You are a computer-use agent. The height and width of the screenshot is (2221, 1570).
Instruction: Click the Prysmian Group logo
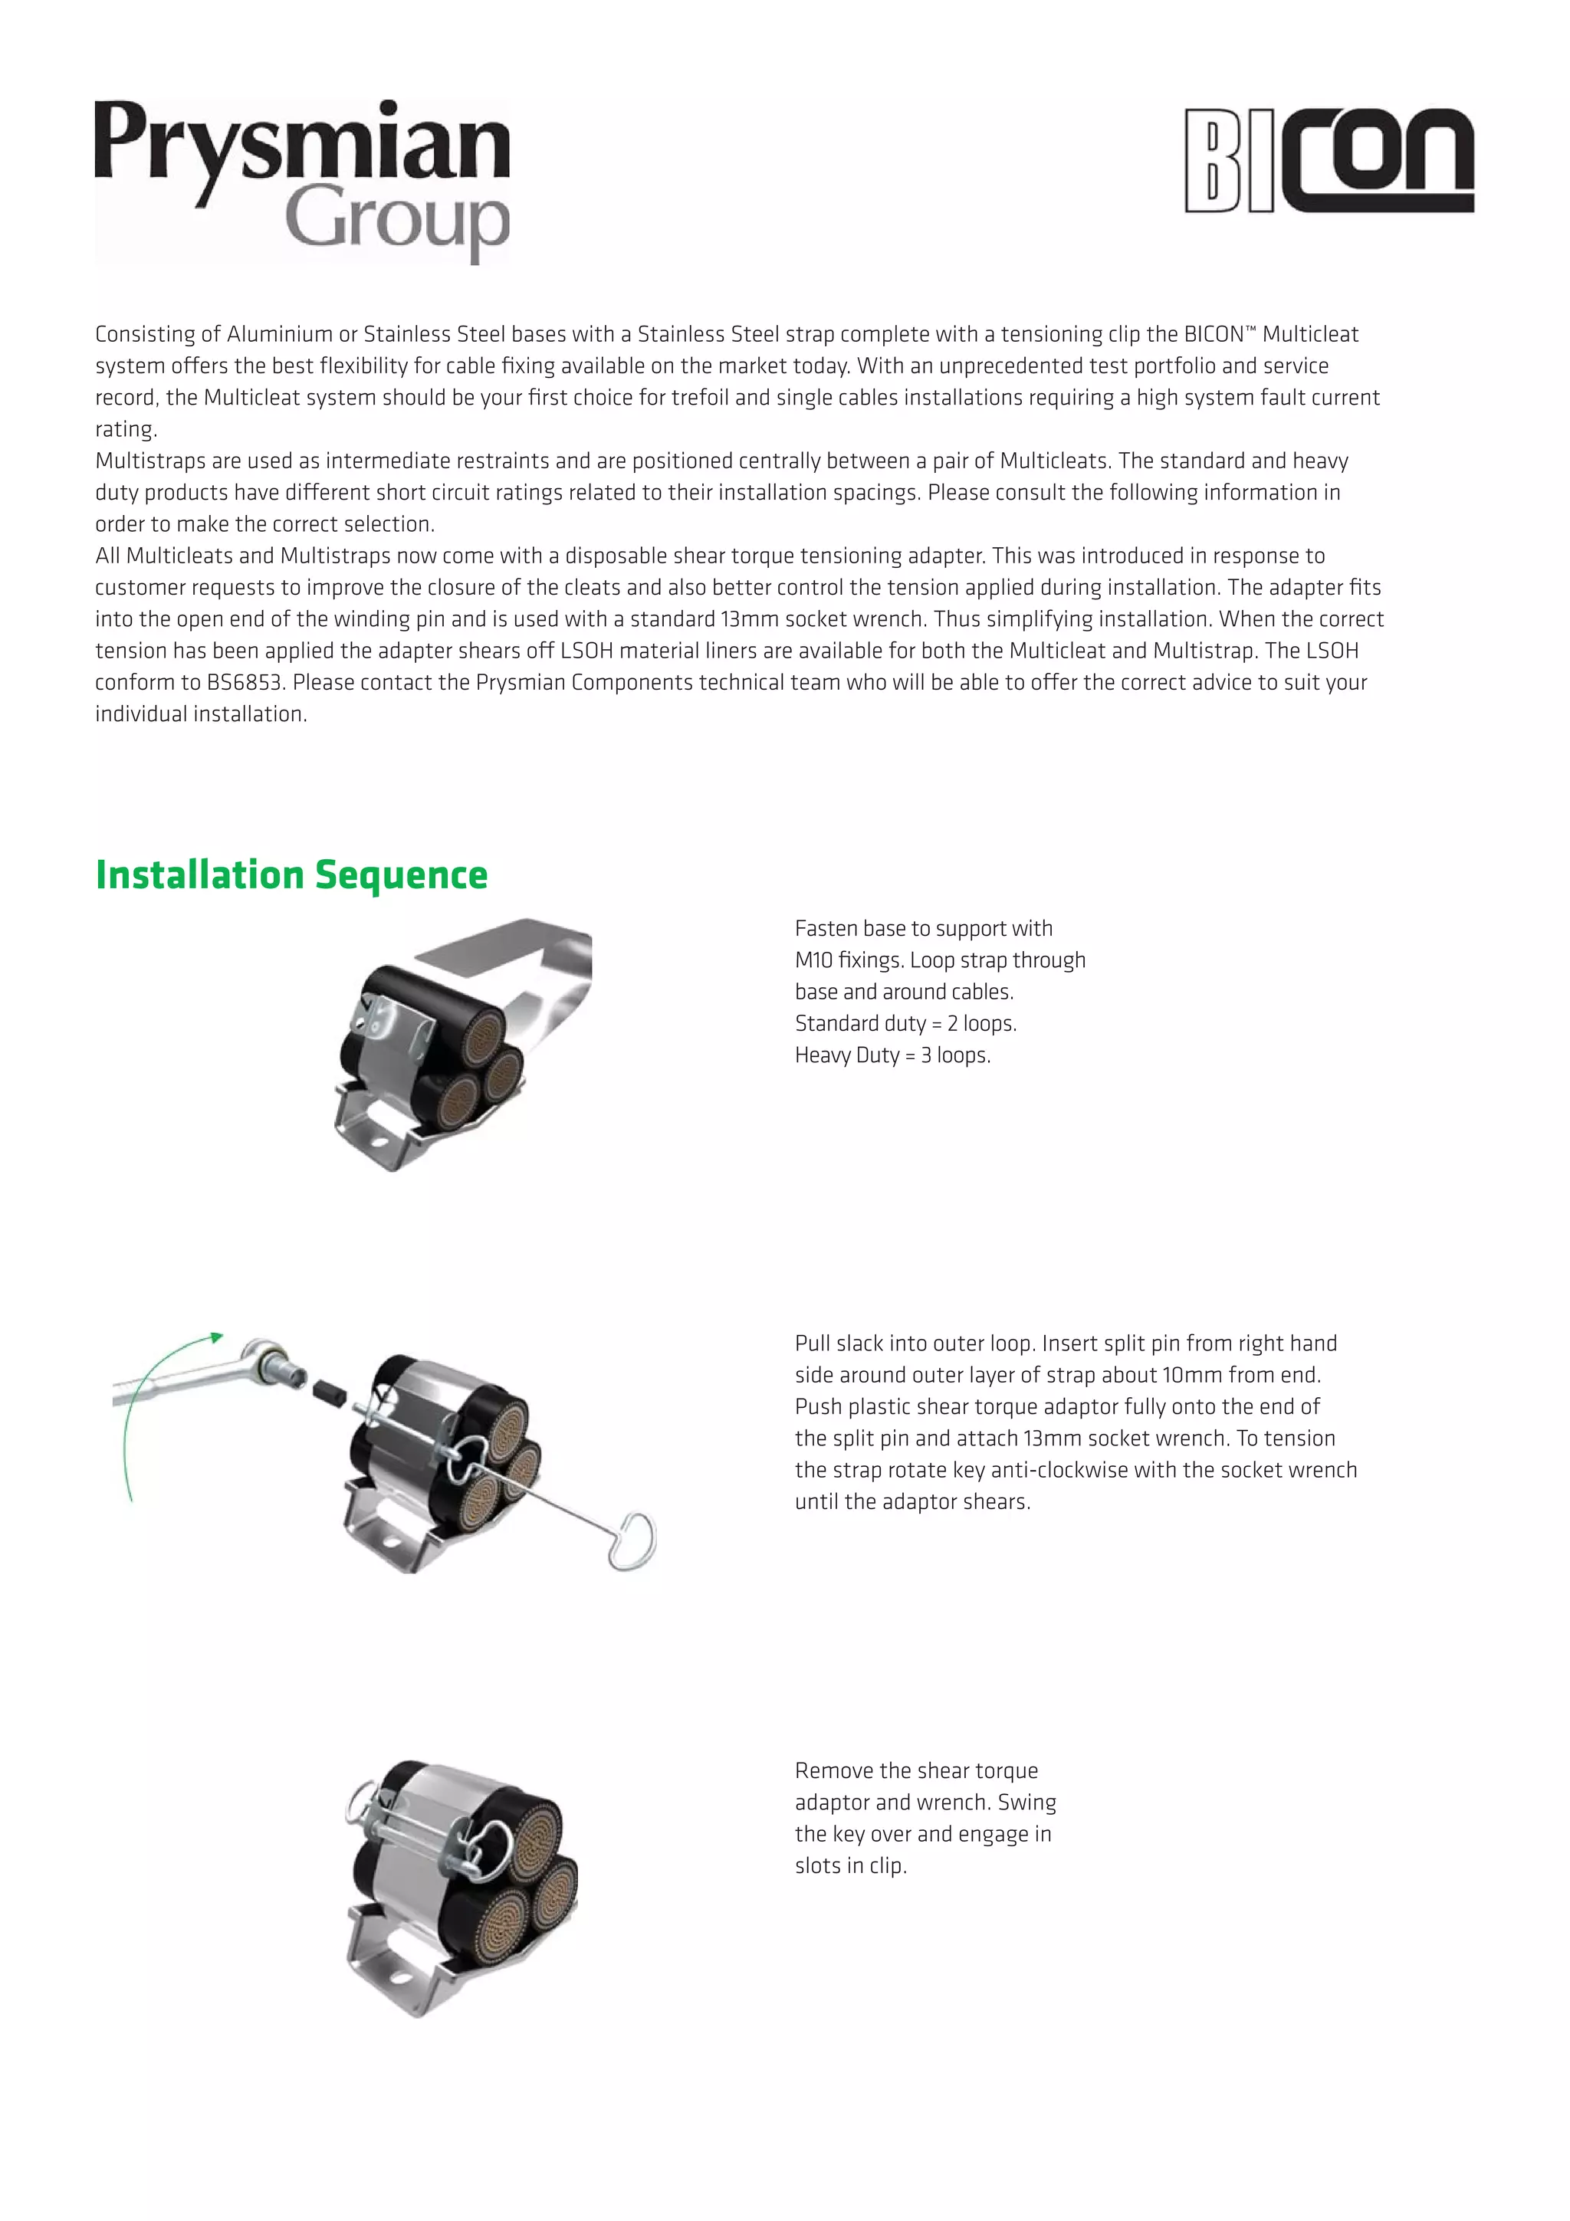(x=302, y=179)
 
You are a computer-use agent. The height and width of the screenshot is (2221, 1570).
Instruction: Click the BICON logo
(x=1329, y=161)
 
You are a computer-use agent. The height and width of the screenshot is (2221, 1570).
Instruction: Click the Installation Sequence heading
(x=291, y=874)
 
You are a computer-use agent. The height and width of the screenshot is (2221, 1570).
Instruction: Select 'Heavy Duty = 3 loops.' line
(x=892, y=1055)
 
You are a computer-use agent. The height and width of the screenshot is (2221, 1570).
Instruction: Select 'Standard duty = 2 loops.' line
(x=905, y=1023)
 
